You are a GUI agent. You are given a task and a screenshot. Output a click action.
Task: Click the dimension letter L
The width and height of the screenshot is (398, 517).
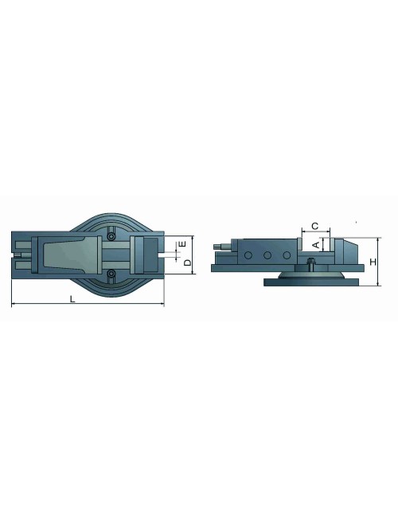[72, 299]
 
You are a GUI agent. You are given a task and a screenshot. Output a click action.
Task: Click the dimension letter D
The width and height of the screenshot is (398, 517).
[187, 262]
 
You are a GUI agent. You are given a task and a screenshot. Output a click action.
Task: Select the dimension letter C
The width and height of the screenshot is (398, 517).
[315, 226]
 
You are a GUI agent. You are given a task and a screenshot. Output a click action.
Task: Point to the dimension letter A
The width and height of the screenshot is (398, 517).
[316, 245]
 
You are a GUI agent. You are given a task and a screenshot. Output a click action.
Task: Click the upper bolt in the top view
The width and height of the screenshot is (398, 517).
[111, 236]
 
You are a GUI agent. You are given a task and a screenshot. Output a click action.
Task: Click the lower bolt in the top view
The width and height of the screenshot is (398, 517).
[111, 274]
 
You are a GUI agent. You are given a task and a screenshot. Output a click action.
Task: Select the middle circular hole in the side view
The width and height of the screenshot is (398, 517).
[267, 255]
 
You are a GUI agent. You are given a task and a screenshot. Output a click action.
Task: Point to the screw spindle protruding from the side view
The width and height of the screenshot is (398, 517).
[218, 249]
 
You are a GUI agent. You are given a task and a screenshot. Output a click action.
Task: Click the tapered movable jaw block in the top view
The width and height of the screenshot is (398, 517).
[72, 255]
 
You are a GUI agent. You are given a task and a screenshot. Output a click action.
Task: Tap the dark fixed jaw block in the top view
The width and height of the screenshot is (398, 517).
[149, 255]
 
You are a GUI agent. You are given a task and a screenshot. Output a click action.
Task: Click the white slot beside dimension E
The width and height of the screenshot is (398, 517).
[169, 255]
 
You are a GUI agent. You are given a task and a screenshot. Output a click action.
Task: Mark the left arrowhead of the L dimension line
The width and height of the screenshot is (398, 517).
[14, 305]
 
